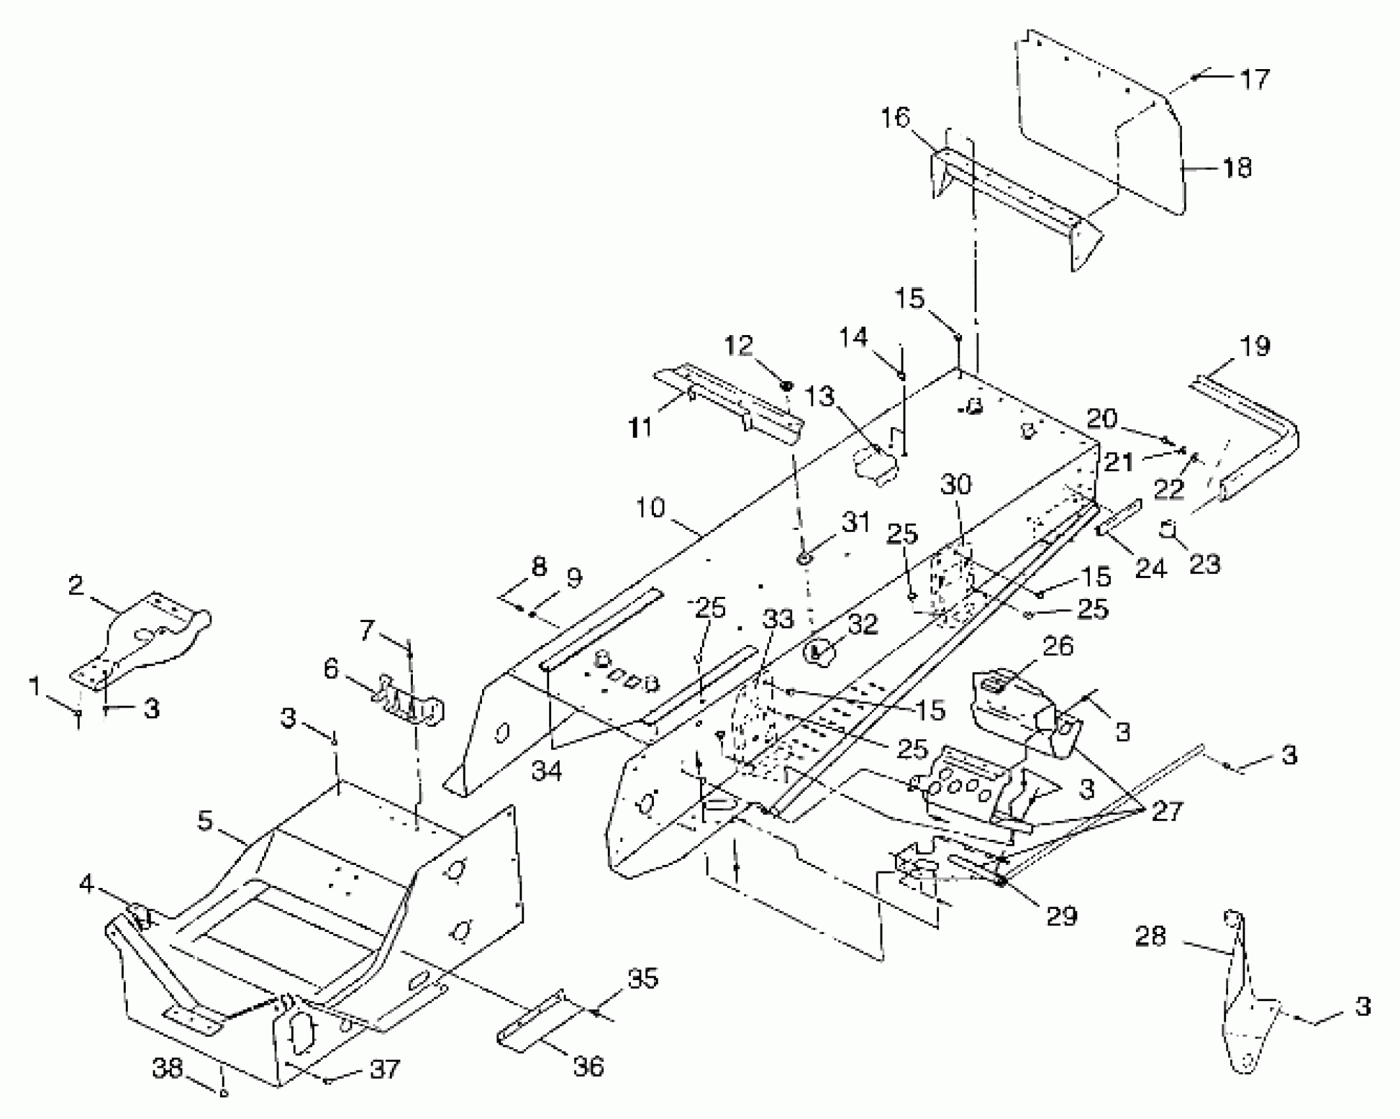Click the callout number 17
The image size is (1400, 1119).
[1254, 80]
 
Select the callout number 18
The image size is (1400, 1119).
[1236, 168]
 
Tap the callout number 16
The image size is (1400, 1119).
[896, 118]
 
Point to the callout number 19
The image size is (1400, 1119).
[1254, 346]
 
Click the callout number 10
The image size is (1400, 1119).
[651, 508]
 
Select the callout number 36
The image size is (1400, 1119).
[588, 1066]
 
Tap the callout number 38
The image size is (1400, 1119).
[167, 1068]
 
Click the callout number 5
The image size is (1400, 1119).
[205, 821]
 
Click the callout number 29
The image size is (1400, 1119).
[1062, 916]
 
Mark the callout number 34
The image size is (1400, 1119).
[547, 770]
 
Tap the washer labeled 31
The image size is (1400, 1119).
[805, 559]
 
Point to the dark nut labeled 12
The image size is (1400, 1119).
[787, 385]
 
